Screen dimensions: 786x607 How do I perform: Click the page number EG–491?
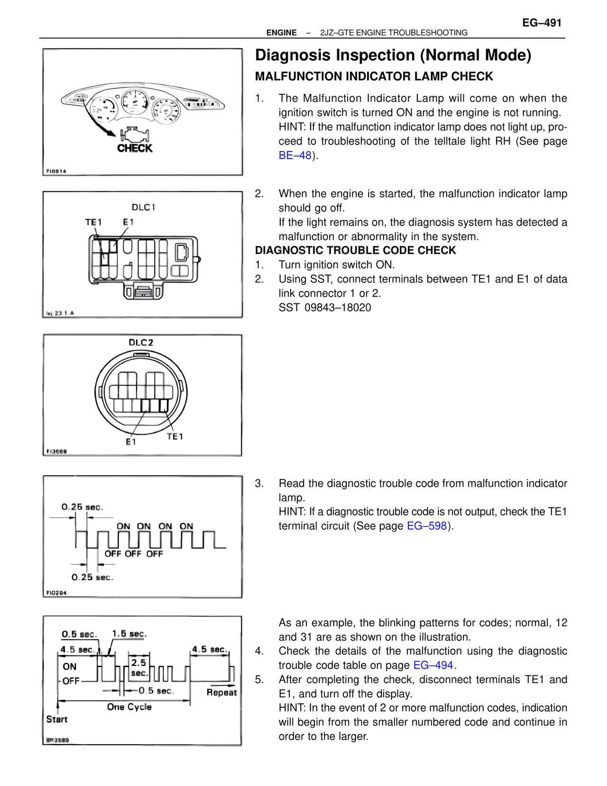[542, 23]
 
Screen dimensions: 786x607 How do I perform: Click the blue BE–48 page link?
[295, 156]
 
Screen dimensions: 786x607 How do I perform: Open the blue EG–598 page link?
[427, 526]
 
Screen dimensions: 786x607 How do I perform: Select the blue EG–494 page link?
[433, 665]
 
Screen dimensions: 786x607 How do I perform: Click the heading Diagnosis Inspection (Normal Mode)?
[393, 55]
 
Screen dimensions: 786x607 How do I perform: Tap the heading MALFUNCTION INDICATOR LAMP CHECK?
[374, 76]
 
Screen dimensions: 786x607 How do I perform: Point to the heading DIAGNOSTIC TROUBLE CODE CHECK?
[355, 251]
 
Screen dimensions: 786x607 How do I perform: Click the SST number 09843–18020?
[338, 308]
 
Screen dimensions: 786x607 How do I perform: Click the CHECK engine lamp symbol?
[135, 140]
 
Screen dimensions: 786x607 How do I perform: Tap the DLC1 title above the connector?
[143, 207]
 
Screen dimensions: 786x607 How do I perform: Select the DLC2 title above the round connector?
[141, 343]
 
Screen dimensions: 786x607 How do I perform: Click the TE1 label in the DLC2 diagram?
[175, 437]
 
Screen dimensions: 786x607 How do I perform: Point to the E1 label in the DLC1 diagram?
[128, 222]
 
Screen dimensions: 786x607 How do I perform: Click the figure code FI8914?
[56, 171]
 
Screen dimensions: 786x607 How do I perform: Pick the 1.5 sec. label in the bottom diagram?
[129, 634]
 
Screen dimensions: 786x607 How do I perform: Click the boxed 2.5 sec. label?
[139, 667]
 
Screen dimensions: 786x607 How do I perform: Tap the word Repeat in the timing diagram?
[221, 692]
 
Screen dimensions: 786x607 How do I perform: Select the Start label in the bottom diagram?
[57, 720]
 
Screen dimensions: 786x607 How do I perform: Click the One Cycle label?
[129, 707]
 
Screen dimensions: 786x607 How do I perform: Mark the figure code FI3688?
[56, 451]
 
